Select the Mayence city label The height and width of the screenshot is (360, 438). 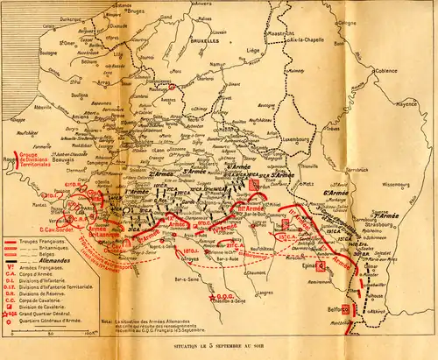pos(406,114)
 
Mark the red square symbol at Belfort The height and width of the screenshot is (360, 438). pos(345,308)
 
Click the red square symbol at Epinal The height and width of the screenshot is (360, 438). pos(321,265)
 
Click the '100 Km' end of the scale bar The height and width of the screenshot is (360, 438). pos(91,333)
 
